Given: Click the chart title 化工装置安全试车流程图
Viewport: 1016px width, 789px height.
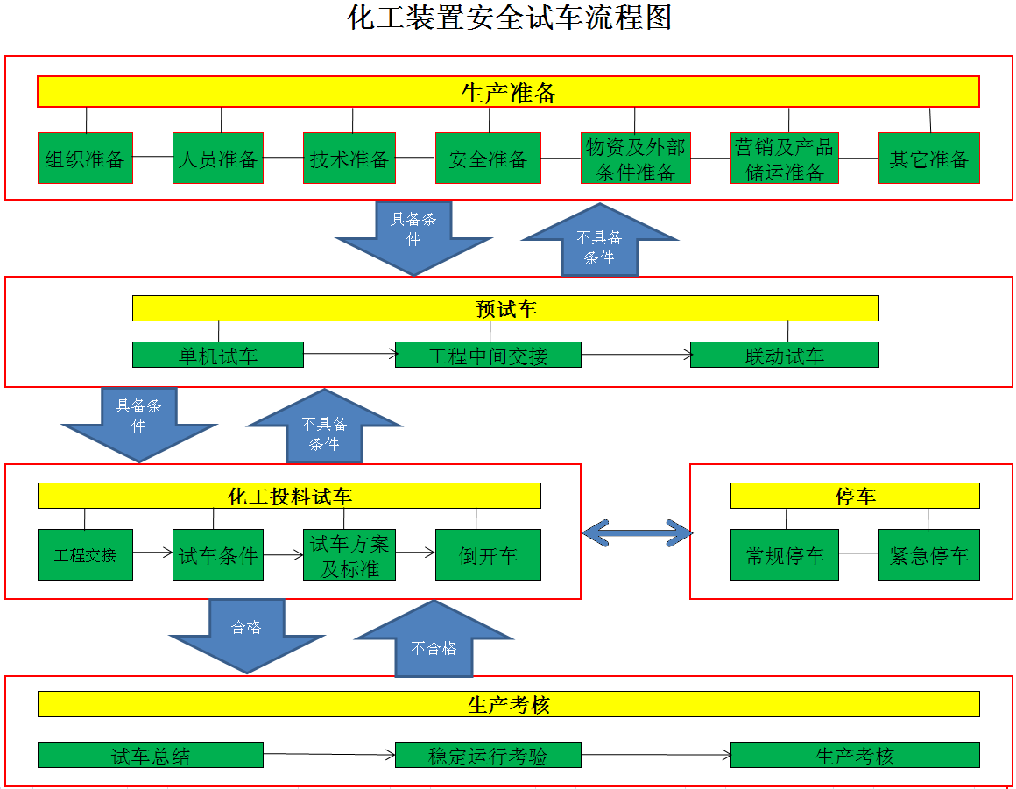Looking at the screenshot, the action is click(509, 18).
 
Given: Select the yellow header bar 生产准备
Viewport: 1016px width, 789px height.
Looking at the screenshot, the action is click(508, 91).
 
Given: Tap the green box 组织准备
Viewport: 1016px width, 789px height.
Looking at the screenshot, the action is click(85, 158).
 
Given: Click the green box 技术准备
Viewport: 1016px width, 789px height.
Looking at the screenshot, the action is click(349, 158).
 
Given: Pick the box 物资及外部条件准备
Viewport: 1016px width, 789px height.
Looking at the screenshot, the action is click(636, 158).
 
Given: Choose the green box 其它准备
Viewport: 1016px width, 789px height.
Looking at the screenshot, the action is click(929, 158).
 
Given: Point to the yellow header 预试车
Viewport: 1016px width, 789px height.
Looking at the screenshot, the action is click(505, 308).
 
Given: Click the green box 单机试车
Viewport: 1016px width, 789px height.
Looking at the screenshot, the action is click(218, 355).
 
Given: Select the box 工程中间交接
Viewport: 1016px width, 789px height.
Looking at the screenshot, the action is click(488, 355).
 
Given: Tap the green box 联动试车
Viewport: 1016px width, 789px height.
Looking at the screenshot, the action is click(785, 355).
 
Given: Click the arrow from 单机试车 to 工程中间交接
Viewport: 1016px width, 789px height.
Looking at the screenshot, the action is click(349, 354).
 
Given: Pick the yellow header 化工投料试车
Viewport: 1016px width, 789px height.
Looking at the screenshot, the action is click(289, 496).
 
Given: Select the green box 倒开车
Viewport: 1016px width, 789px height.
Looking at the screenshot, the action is click(488, 554).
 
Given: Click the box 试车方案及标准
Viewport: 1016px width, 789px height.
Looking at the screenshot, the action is click(349, 554).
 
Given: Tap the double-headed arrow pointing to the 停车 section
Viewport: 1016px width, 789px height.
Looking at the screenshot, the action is click(637, 533).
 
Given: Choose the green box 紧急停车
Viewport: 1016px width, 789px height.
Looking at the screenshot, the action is click(929, 554).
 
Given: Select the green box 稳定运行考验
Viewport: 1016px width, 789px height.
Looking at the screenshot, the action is click(488, 756).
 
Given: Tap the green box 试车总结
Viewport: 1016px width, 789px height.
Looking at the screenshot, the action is click(151, 756).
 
